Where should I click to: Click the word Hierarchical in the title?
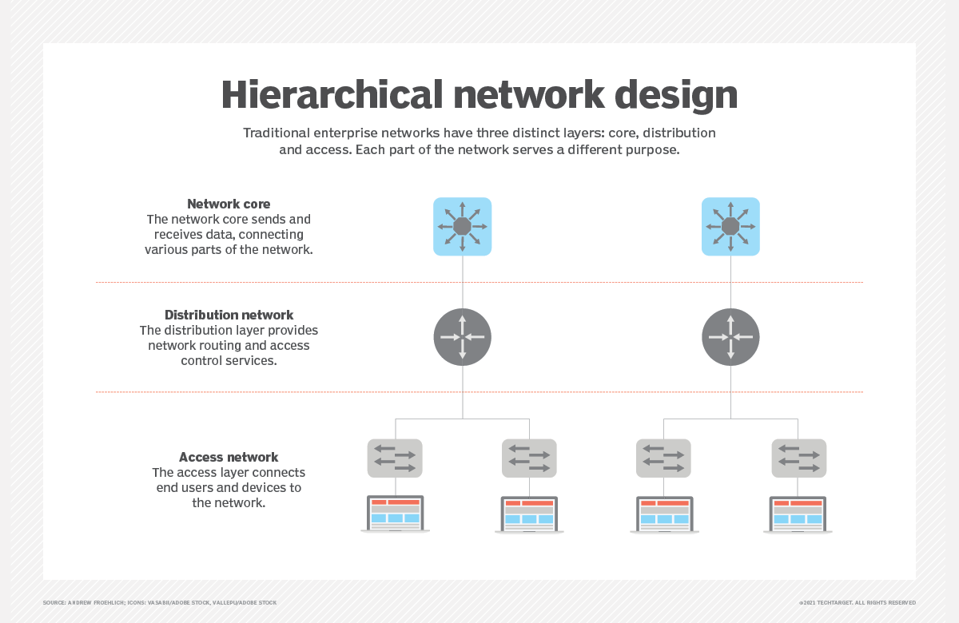click(x=332, y=94)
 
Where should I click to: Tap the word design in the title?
click(x=676, y=97)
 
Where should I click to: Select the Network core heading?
click(x=229, y=204)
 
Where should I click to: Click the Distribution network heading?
click(x=229, y=315)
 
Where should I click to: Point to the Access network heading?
click(x=229, y=457)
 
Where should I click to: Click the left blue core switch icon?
click(x=463, y=226)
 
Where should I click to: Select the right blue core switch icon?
click(x=730, y=226)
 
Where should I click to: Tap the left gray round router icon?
click(x=463, y=337)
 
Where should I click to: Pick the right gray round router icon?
click(x=730, y=337)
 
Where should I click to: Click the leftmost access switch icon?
click(x=395, y=458)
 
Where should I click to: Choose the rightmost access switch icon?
click(x=799, y=458)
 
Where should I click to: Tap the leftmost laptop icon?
click(x=395, y=514)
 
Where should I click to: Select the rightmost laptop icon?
click(x=798, y=514)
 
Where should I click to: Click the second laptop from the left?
click(x=529, y=514)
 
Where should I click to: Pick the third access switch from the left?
click(x=663, y=458)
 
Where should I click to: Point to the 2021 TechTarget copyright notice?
click(x=858, y=602)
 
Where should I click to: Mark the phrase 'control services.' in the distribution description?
click(x=229, y=361)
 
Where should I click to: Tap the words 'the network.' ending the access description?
click(x=229, y=502)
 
